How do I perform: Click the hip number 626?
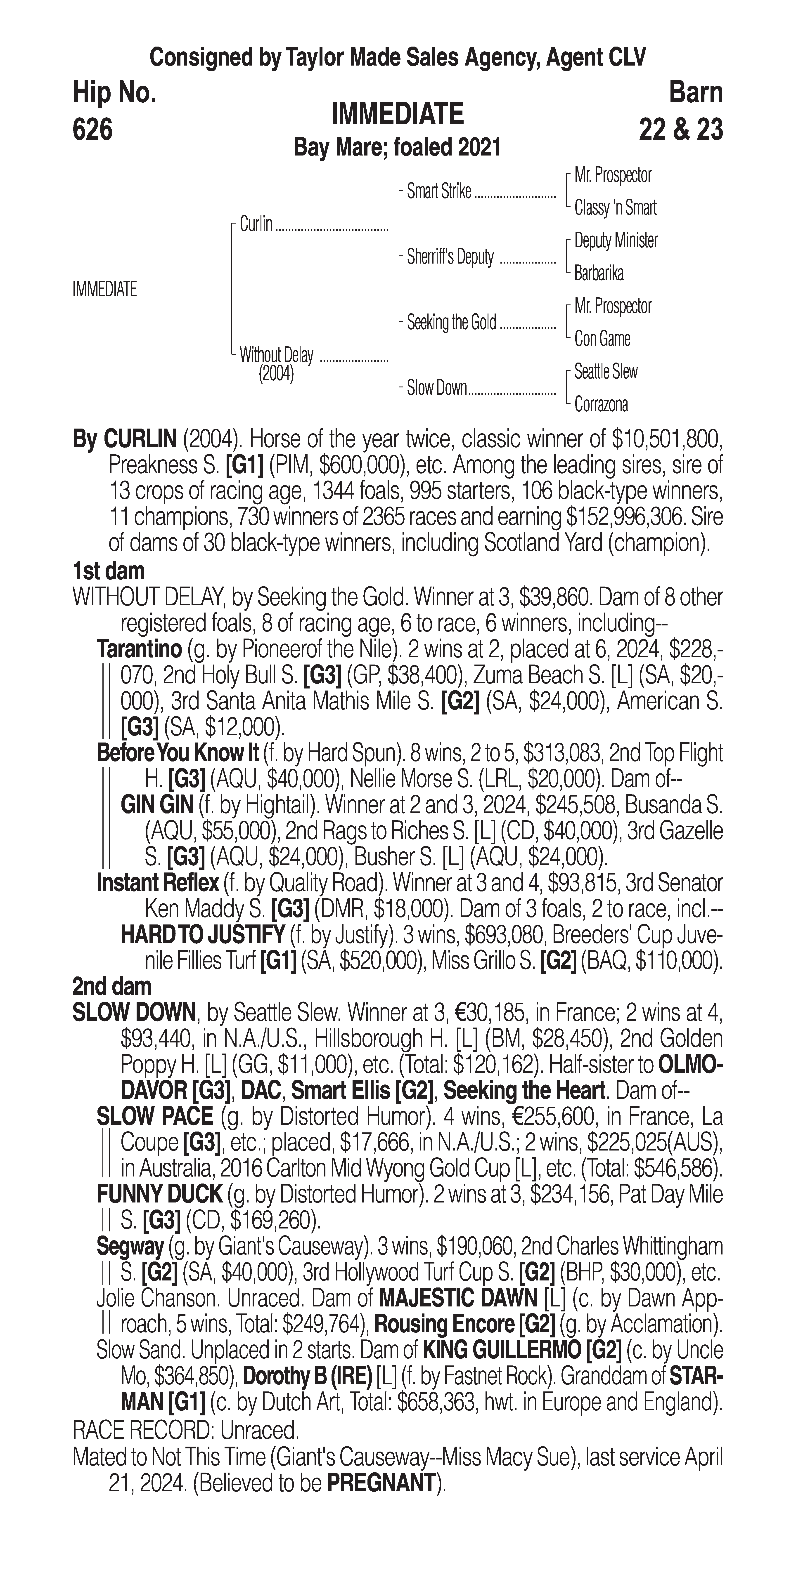pyautogui.click(x=92, y=130)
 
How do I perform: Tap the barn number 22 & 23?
pyautogui.click(x=681, y=130)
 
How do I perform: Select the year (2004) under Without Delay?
pyautogui.click(x=276, y=375)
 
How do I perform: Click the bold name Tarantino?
pyautogui.click(x=139, y=649)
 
